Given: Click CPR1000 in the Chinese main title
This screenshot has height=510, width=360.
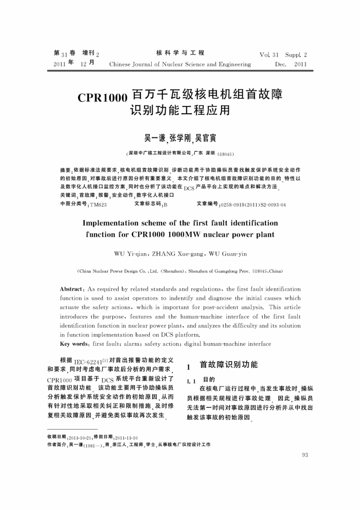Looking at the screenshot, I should pyautogui.click(x=103, y=98).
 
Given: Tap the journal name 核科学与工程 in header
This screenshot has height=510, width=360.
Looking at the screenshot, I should pyautogui.click(x=179, y=53).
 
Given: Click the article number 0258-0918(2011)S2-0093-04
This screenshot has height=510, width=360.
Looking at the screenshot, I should pyautogui.click(x=253, y=205).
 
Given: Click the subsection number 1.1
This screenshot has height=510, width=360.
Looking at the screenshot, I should pyautogui.click(x=191, y=380).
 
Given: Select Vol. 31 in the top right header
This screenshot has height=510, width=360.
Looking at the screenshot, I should pyautogui.click(x=269, y=54).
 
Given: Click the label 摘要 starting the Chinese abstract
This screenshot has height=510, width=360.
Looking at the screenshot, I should pyautogui.click(x=66, y=169).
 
